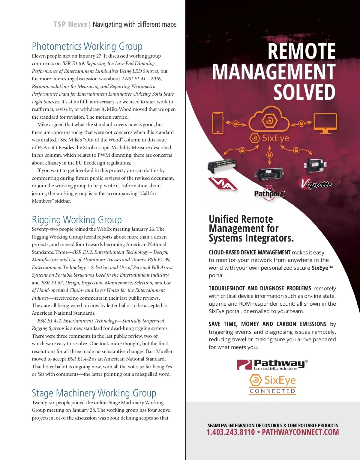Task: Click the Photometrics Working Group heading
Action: (x=87, y=46)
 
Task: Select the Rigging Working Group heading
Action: (x=77, y=220)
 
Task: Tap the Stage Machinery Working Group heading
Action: (x=94, y=393)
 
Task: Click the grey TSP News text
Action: (x=70, y=24)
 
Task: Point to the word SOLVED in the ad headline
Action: (x=304, y=92)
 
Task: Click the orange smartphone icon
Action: (x=218, y=123)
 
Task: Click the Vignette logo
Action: (x=315, y=183)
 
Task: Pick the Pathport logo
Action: (x=269, y=194)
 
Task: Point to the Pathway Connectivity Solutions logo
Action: (x=272, y=364)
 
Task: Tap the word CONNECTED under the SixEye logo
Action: (x=272, y=391)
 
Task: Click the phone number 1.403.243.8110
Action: (x=230, y=432)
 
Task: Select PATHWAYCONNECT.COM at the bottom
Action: (x=300, y=432)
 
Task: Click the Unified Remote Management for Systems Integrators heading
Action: (x=251, y=228)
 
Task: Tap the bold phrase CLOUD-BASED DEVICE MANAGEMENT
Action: (x=250, y=252)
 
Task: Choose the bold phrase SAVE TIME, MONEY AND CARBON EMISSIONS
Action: (x=268, y=324)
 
